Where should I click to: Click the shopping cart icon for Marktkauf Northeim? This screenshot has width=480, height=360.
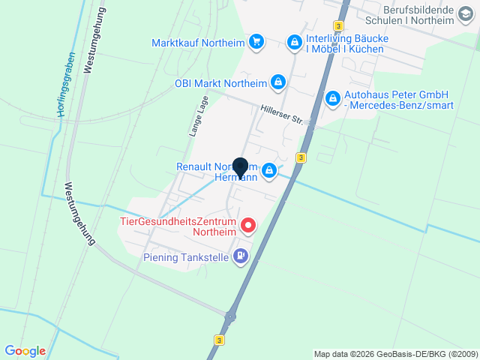[x=257, y=42]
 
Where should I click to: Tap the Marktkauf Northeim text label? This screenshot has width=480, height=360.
[x=199, y=42]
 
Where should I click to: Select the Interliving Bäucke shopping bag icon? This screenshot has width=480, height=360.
[x=295, y=41]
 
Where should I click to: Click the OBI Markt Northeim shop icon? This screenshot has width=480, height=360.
[x=277, y=82]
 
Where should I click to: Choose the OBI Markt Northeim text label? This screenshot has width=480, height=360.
[x=220, y=82]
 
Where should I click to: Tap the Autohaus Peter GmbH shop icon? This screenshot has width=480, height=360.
[x=332, y=97]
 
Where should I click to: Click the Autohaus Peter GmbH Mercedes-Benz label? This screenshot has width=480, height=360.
[x=396, y=100]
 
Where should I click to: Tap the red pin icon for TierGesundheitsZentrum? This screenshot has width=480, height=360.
[x=247, y=225]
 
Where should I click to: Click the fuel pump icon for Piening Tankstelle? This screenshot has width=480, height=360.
[x=241, y=256]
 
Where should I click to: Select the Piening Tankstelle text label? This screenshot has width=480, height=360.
[x=186, y=257]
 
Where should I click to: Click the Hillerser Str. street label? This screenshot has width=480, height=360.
[x=280, y=114]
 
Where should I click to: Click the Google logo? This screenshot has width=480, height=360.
[x=25, y=350]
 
